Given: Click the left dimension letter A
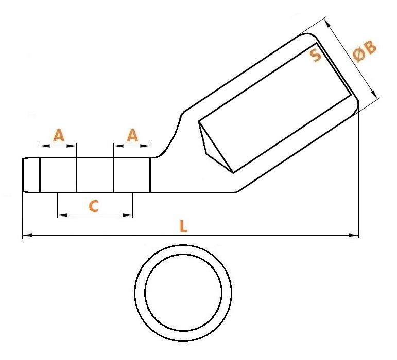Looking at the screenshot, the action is coord(59,135).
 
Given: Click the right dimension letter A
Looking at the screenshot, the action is coord(132,135).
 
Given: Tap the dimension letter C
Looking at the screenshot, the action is coord(94,206).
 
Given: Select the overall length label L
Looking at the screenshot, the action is coord(183,226).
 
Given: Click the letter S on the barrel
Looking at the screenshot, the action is coord(316,56).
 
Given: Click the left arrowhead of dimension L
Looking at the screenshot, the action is coord(27,236).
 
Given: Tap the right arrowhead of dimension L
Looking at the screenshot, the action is coord(354,236).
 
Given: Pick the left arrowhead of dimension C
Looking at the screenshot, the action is coord(62,215).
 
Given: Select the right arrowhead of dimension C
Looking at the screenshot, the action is coord(128,215).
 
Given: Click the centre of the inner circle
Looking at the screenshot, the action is coord(183,293).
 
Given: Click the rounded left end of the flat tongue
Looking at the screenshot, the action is coord(24,175).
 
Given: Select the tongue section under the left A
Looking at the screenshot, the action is coord(58,175).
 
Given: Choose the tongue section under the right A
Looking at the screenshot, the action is coord(132,175).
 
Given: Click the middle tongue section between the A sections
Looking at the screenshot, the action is coord(95,175).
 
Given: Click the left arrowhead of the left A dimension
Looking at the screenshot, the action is coord(45,146).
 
